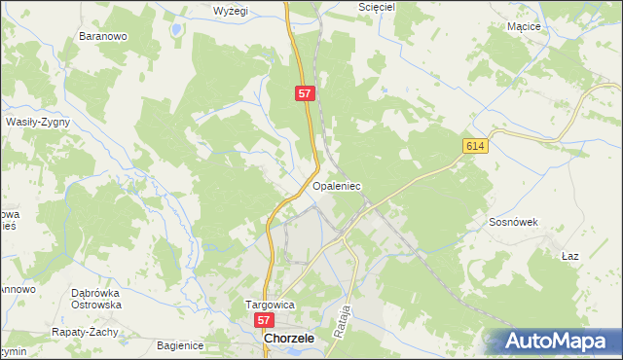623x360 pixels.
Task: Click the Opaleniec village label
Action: pyautogui.click(x=337, y=184)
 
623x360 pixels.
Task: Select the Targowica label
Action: pyautogui.click(x=269, y=305)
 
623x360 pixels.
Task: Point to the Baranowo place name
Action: pyautogui.click(x=103, y=37)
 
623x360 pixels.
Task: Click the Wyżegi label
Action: pyautogui.click(x=232, y=11)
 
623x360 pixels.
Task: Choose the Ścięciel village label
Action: pyautogui.click(x=348, y=7)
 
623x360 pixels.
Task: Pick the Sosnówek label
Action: pyautogui.click(x=512, y=222)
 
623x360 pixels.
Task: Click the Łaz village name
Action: pyautogui.click(x=570, y=256)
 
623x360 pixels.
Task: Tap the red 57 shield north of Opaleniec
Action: pyautogui.click(x=306, y=93)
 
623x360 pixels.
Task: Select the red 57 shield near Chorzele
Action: pyautogui.click(x=264, y=319)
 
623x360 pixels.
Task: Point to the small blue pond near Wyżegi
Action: pyautogui.click(x=175, y=29)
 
